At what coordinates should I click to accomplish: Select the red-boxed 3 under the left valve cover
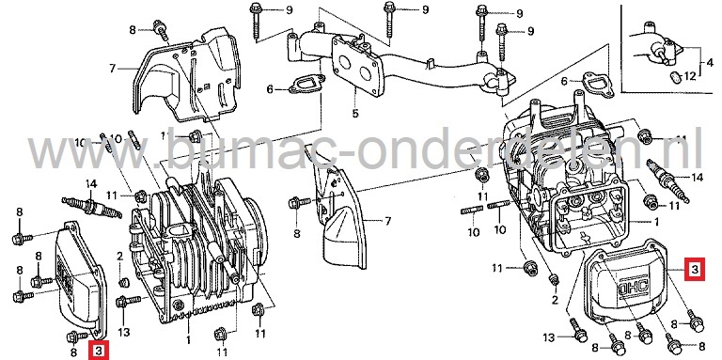100,352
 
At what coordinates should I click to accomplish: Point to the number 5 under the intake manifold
355,115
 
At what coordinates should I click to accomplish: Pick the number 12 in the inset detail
690,74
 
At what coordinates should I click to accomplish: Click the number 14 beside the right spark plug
698,176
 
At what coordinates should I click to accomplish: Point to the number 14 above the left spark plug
91,182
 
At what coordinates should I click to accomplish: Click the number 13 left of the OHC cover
549,336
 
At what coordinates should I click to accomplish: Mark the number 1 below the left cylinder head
188,337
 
